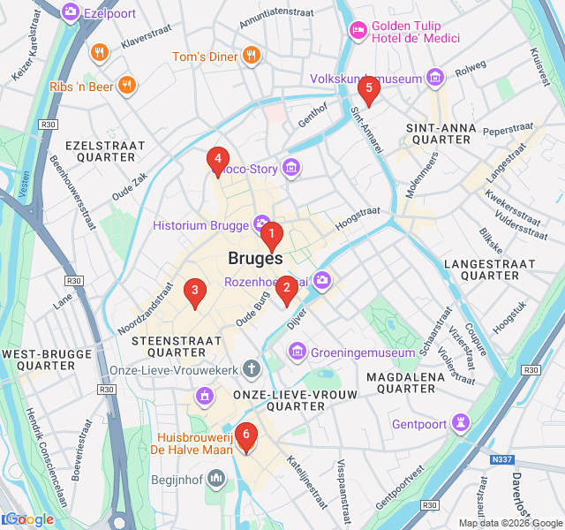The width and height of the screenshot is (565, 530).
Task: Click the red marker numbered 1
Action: point(272,236)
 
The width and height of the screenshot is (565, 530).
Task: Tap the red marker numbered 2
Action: point(286,289)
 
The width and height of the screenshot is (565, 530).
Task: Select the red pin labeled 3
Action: point(194,291)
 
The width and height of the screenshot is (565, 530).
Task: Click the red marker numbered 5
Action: point(368,88)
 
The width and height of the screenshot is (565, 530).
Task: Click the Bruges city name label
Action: point(255,259)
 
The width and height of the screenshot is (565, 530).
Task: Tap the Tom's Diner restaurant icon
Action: point(252,57)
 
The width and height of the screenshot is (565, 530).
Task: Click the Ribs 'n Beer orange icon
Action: point(127,86)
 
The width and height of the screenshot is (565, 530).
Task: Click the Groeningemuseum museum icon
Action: point(298,352)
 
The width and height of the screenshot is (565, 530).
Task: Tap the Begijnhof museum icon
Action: point(217,478)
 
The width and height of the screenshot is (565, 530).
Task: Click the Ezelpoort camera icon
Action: point(70,12)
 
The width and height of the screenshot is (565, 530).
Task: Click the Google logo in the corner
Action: point(28,519)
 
